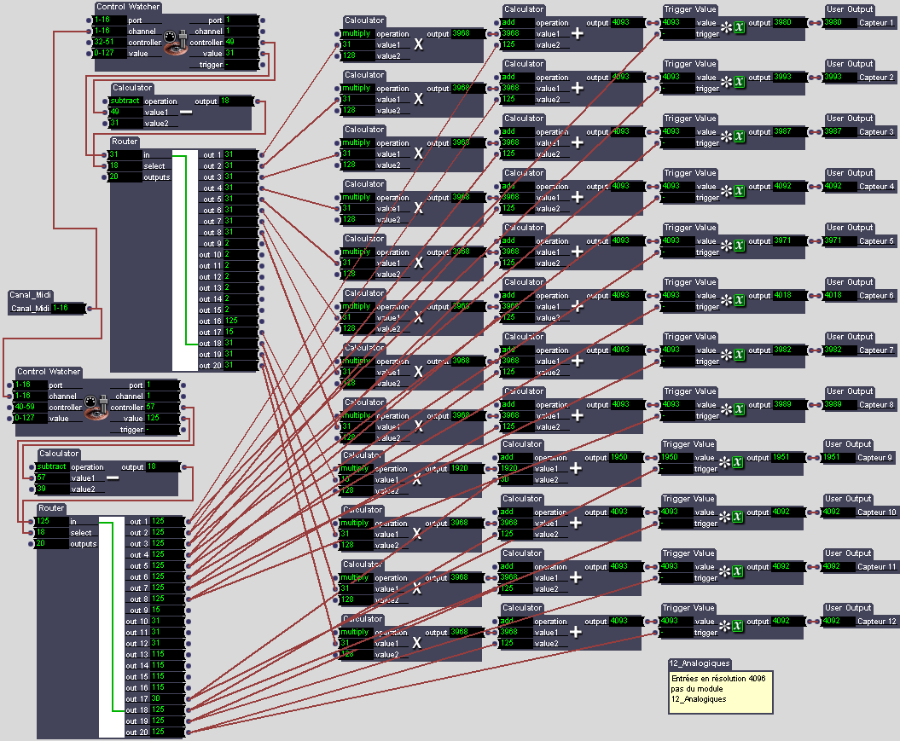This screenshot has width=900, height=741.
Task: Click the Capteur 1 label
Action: coord(876,23)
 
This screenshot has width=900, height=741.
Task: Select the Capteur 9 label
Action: coord(876,458)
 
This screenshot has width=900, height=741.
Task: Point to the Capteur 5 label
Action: coord(876,241)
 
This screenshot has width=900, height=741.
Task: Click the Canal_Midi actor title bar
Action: coord(32,295)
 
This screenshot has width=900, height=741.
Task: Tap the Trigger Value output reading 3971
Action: coord(787,241)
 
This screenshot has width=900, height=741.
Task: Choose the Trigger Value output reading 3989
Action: coord(787,405)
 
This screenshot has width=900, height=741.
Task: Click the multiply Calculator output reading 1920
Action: coord(465,468)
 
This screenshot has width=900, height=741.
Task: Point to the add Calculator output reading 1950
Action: coord(624,458)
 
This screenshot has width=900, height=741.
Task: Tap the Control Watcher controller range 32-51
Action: coord(109,42)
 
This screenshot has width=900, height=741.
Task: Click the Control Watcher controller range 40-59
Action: coord(32,408)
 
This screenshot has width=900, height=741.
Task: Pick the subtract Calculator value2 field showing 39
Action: coord(51,489)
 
